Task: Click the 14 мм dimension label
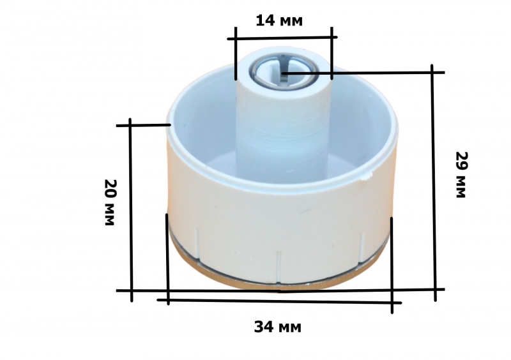point(279,21)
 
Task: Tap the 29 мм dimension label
point(461,175)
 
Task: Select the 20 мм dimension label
point(109,202)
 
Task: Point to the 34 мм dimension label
point(278,326)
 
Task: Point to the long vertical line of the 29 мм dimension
point(434,183)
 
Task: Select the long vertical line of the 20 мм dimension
point(131,210)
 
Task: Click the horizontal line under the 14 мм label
point(282,38)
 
